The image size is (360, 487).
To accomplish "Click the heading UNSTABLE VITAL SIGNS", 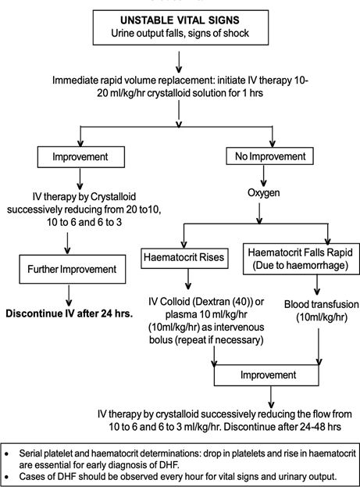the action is (180, 20).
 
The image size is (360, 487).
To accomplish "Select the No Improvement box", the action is (269, 156).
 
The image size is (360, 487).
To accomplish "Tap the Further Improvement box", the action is (73, 269).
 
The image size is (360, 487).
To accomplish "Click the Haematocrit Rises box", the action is (184, 257).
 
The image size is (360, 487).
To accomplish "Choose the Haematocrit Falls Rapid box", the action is (301, 259).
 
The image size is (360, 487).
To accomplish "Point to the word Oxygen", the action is (263, 192).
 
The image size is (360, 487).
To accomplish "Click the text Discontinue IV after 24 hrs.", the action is (70, 313).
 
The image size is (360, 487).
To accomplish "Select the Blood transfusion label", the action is (321, 304).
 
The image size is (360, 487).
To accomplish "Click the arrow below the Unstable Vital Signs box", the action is (179, 62).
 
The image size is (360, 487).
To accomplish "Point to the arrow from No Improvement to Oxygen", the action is (263, 175).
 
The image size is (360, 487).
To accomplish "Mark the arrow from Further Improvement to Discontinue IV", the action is (69, 296).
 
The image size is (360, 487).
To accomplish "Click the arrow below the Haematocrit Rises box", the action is (187, 279).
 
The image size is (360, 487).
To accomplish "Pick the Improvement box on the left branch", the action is (81, 157).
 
